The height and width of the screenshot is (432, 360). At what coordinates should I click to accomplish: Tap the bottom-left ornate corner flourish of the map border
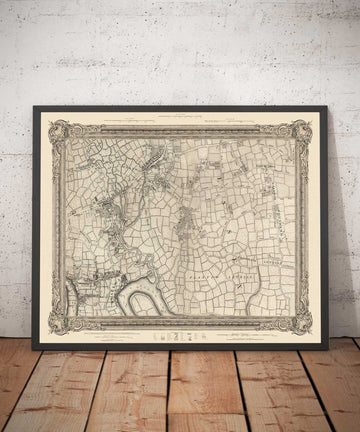coord(60,323)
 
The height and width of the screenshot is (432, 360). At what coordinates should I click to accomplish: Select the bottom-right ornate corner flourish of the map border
coord(301,323)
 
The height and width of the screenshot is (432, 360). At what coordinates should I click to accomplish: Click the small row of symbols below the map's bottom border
coord(181,337)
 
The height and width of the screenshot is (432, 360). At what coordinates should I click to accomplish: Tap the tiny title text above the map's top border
coord(181,118)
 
